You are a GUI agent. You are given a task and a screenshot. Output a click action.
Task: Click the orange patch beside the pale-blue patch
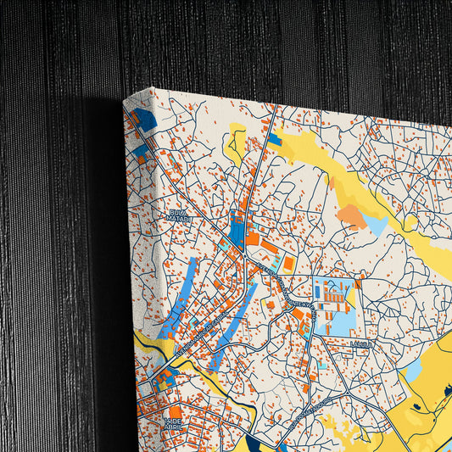(350, 215)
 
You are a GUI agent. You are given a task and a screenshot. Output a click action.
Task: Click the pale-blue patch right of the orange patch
(375, 224)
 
